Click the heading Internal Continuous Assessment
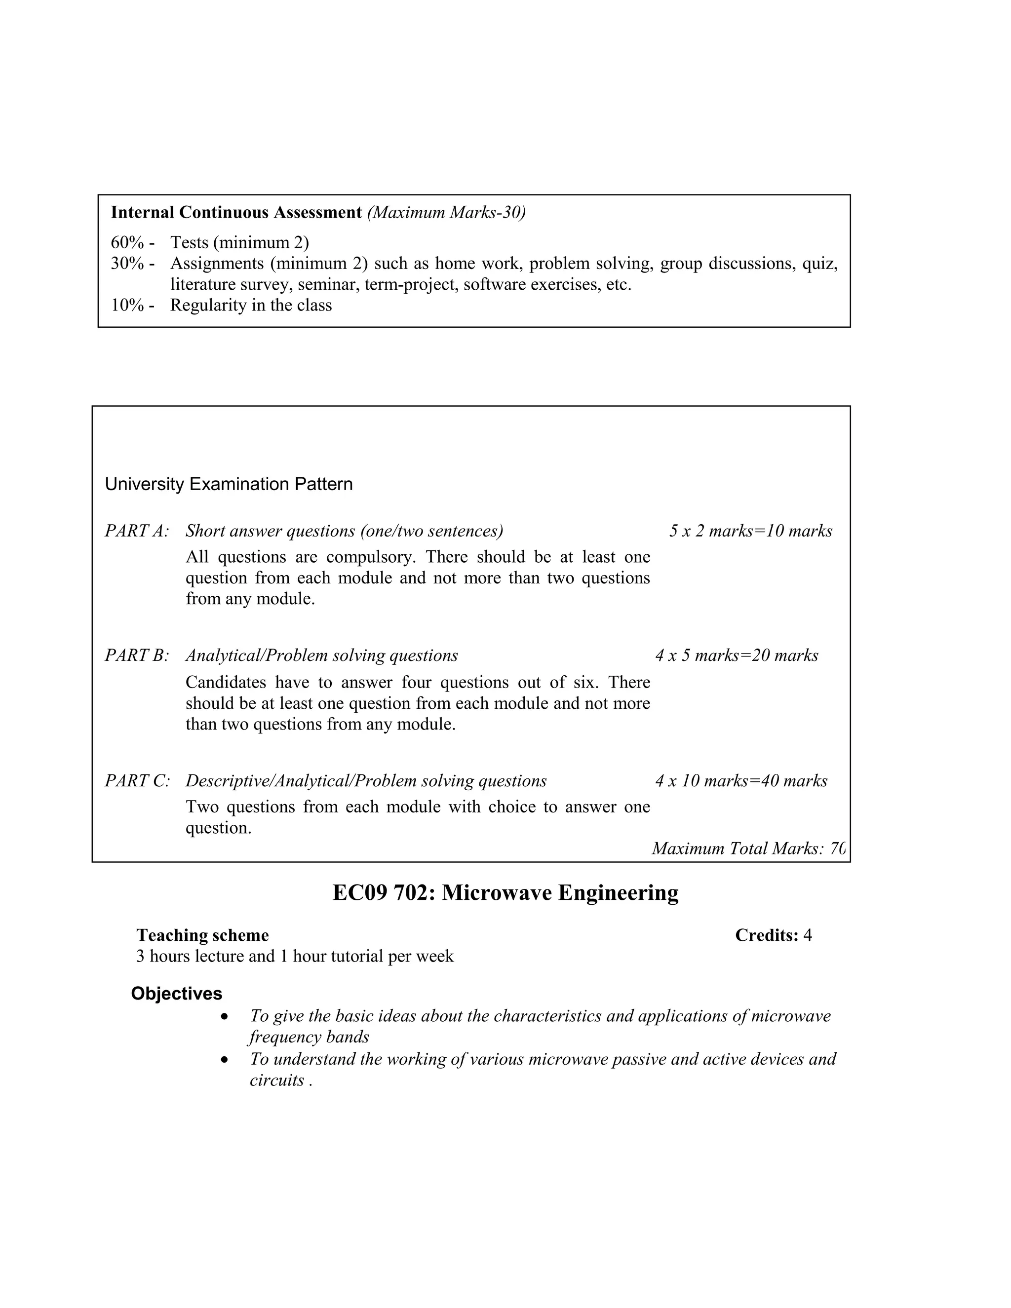[236, 213]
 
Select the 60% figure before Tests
[127, 242]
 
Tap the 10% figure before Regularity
[127, 306]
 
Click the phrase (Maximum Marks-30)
[446, 213]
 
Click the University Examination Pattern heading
[229, 484]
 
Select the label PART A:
[137, 531]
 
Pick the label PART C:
[137, 781]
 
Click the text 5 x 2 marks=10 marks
[750, 531]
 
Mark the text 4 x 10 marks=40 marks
[741, 781]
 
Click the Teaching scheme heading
[202, 935]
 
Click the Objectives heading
[177, 994]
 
